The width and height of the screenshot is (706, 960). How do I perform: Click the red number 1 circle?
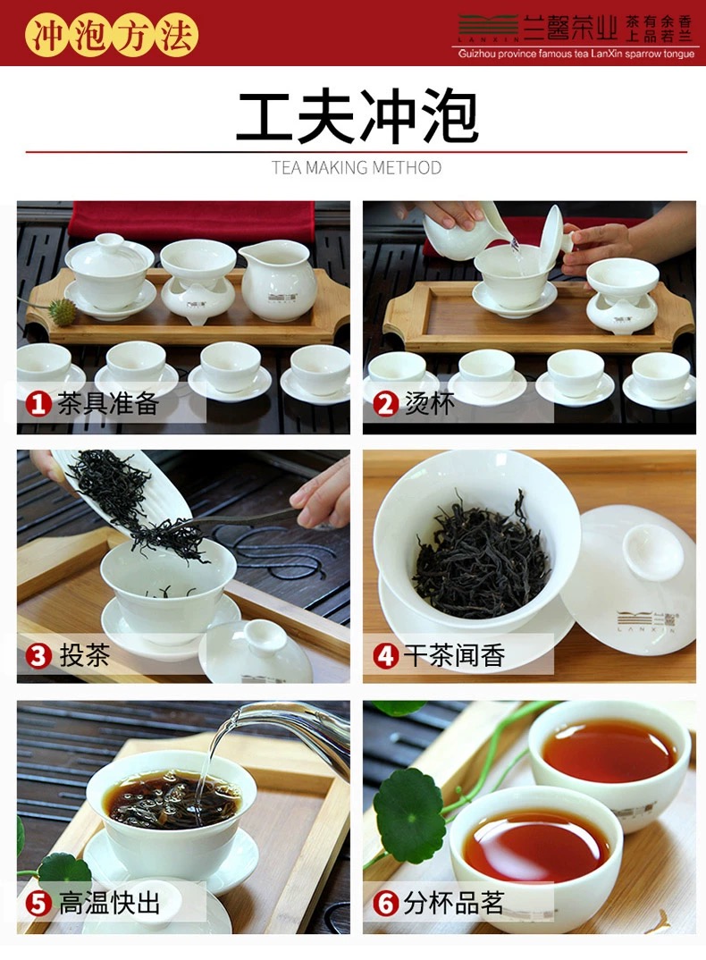38,404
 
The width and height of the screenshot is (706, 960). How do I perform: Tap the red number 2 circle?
386,404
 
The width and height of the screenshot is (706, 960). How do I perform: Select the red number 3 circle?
38,656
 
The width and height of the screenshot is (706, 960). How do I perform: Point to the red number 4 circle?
386,656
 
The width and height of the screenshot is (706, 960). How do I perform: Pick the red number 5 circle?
38,904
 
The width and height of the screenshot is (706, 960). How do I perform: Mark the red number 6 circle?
386,904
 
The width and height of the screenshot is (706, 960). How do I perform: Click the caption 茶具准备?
108,403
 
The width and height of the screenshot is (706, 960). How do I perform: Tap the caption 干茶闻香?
454,656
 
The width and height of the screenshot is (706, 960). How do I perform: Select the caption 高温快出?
110,903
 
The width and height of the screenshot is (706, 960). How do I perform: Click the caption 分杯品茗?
454,903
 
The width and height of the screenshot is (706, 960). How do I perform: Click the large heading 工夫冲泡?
357,115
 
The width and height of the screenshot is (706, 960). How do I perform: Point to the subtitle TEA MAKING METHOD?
357,167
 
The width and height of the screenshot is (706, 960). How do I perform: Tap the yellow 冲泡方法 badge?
112,34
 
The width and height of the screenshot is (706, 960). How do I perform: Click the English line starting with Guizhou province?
576,54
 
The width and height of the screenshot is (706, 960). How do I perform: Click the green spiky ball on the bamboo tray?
62,312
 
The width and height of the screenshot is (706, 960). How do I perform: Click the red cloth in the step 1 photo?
191,222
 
